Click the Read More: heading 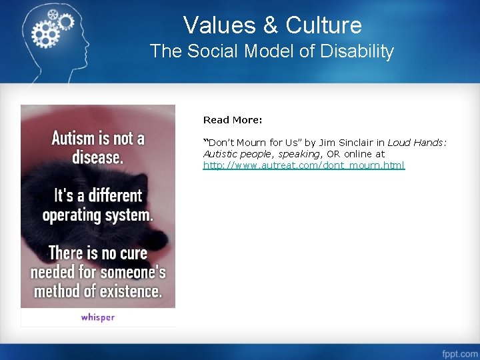click(x=233, y=120)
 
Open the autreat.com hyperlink click(x=303, y=165)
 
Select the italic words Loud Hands click(x=416, y=142)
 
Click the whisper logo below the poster click(x=98, y=317)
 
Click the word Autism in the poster click(x=73, y=139)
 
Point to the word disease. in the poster click(x=97, y=159)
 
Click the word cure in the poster click(x=132, y=253)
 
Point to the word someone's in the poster click(x=133, y=273)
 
